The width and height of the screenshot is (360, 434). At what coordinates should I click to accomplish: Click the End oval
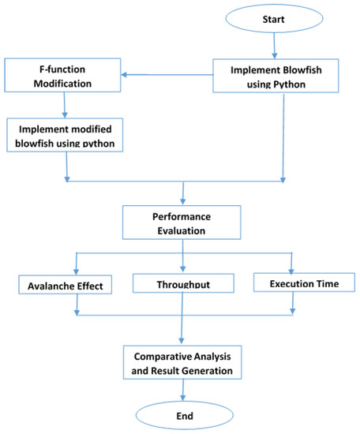pos(183,413)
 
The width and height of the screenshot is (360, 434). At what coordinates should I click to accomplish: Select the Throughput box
pos(183,282)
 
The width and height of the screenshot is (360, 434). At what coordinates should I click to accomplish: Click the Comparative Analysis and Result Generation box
pos(182,361)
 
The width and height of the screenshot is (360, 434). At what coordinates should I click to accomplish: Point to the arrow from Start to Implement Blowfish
pos(274,46)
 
